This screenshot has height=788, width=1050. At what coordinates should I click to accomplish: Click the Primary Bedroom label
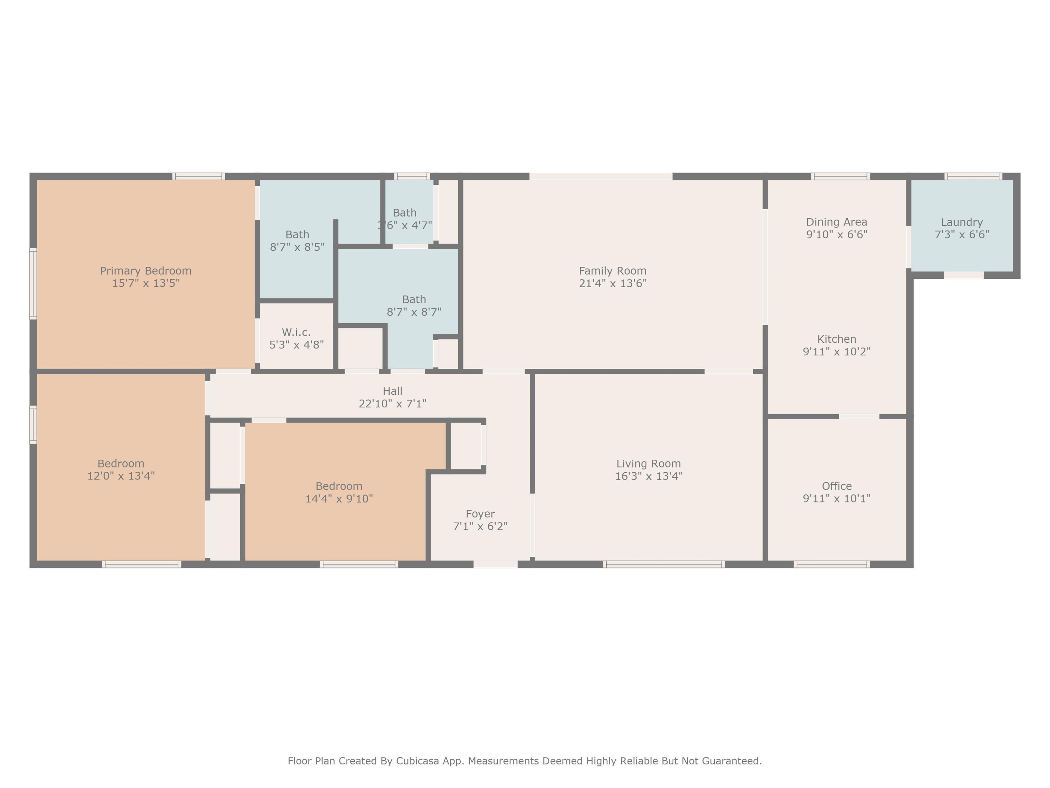146,271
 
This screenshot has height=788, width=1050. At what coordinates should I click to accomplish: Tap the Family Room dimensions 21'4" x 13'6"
613,284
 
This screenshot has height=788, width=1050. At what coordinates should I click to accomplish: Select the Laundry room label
962,222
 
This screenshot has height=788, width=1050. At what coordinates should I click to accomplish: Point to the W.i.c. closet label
296,332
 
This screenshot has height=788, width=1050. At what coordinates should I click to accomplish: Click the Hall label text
393,391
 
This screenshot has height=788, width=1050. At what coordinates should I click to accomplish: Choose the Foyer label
480,514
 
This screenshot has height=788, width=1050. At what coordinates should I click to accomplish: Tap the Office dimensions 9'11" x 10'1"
837,499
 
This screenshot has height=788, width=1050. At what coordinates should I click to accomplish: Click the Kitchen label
837,339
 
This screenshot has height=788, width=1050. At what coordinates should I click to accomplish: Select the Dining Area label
837,222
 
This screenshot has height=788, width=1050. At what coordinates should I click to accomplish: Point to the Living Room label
649,463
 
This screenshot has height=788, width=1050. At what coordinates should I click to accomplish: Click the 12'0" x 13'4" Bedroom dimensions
121,476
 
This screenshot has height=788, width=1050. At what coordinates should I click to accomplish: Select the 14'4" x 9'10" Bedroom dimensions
339,499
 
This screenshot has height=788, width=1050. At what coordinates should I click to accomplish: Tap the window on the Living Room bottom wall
664,564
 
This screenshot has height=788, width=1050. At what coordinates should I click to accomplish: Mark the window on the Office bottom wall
832,564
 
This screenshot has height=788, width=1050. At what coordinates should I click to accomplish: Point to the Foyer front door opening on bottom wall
496,564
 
